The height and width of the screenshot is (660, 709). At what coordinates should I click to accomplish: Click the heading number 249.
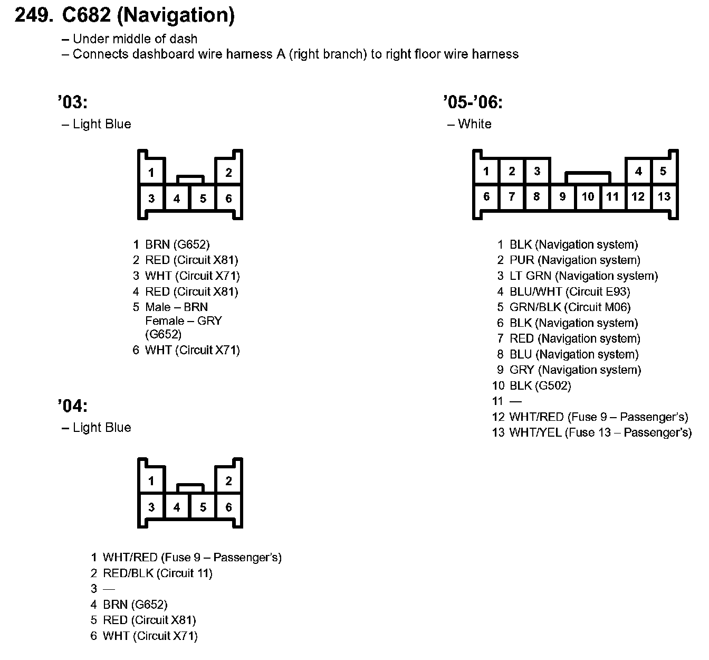(34, 15)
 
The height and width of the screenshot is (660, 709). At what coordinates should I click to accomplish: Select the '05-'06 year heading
(473, 102)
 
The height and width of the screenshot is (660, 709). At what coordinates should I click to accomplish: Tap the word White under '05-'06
(474, 124)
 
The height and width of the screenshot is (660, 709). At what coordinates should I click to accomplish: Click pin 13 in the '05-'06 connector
(664, 197)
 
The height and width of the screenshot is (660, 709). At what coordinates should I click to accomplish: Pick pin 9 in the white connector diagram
(562, 197)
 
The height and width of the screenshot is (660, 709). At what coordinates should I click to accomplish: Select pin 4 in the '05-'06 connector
(638, 171)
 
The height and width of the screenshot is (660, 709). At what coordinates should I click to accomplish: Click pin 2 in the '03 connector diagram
(228, 172)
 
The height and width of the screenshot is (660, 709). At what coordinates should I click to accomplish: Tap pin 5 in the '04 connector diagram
(203, 507)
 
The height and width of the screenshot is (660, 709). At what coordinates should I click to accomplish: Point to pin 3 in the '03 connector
(151, 199)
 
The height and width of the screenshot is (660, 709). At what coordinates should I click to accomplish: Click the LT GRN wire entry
(583, 276)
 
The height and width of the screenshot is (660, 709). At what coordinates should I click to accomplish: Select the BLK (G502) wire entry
(540, 386)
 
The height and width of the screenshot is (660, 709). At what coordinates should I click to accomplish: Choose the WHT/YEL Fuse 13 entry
(600, 433)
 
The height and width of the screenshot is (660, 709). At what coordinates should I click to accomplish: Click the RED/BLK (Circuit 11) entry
(157, 573)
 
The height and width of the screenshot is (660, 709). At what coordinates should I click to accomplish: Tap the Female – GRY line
(183, 321)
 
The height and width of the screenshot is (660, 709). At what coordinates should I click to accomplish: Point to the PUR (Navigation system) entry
(574, 260)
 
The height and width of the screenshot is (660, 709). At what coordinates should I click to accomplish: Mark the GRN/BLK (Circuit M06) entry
(570, 307)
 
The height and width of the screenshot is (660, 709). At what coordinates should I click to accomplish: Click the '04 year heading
(72, 406)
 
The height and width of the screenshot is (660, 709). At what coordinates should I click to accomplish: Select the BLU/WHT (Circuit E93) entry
(569, 291)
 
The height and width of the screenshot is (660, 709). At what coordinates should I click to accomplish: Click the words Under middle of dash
(135, 39)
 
